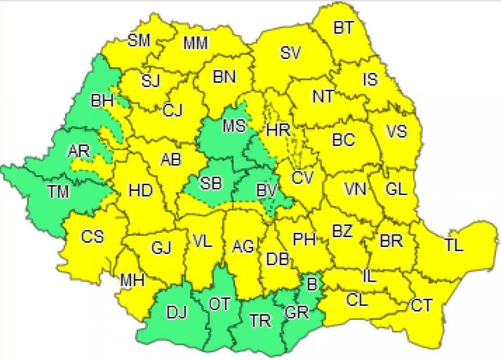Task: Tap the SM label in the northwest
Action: pos(139,41)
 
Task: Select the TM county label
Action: pos(59,192)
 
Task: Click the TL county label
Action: pos(454,245)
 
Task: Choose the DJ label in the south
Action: pos(176,314)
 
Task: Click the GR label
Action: pos(297,314)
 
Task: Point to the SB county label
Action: pos(211,183)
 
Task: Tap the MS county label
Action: pos(234,126)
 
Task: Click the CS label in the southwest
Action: pos(92,237)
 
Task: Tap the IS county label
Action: pos(370,79)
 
